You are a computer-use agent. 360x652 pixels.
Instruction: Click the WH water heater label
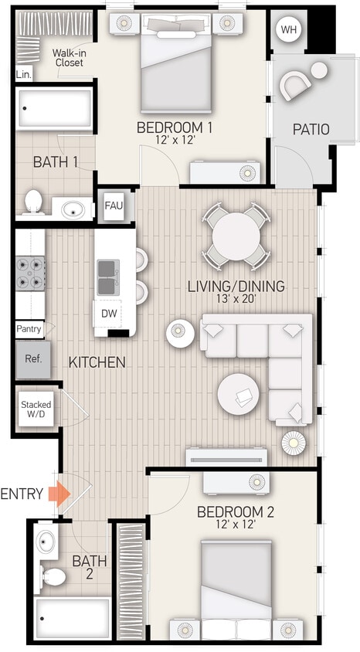click(x=289, y=30)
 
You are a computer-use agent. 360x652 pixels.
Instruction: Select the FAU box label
click(x=114, y=206)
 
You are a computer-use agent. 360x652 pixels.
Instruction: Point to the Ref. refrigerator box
click(x=33, y=359)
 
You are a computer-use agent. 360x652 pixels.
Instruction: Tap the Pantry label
click(x=29, y=328)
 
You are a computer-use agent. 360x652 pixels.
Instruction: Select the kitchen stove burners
click(x=30, y=273)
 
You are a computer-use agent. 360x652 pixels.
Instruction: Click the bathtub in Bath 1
click(x=54, y=108)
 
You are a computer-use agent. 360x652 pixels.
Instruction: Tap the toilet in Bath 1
click(x=33, y=202)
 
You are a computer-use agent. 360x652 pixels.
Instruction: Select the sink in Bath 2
click(x=45, y=540)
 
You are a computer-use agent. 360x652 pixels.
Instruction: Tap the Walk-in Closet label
click(x=69, y=59)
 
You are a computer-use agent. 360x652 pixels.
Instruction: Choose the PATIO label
click(x=311, y=130)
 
